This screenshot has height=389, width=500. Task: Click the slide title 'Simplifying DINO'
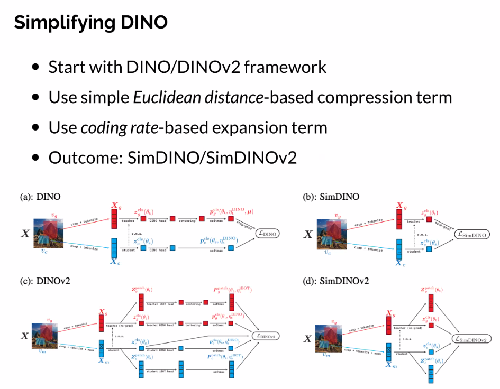(90, 23)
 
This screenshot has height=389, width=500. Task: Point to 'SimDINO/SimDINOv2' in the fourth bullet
(208, 158)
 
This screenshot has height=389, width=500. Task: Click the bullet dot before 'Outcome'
(35, 158)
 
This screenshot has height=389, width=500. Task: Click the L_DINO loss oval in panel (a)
(267, 233)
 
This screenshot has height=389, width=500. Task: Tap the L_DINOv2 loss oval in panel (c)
(266, 335)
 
